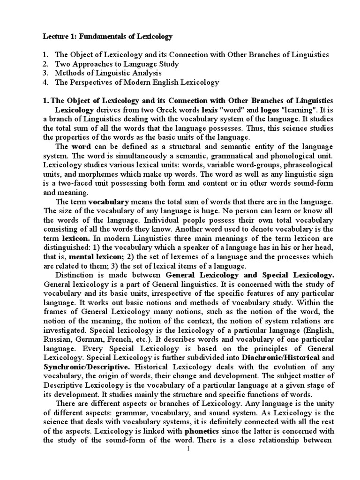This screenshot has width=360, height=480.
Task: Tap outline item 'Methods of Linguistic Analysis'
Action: pyautogui.click(x=108, y=73)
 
